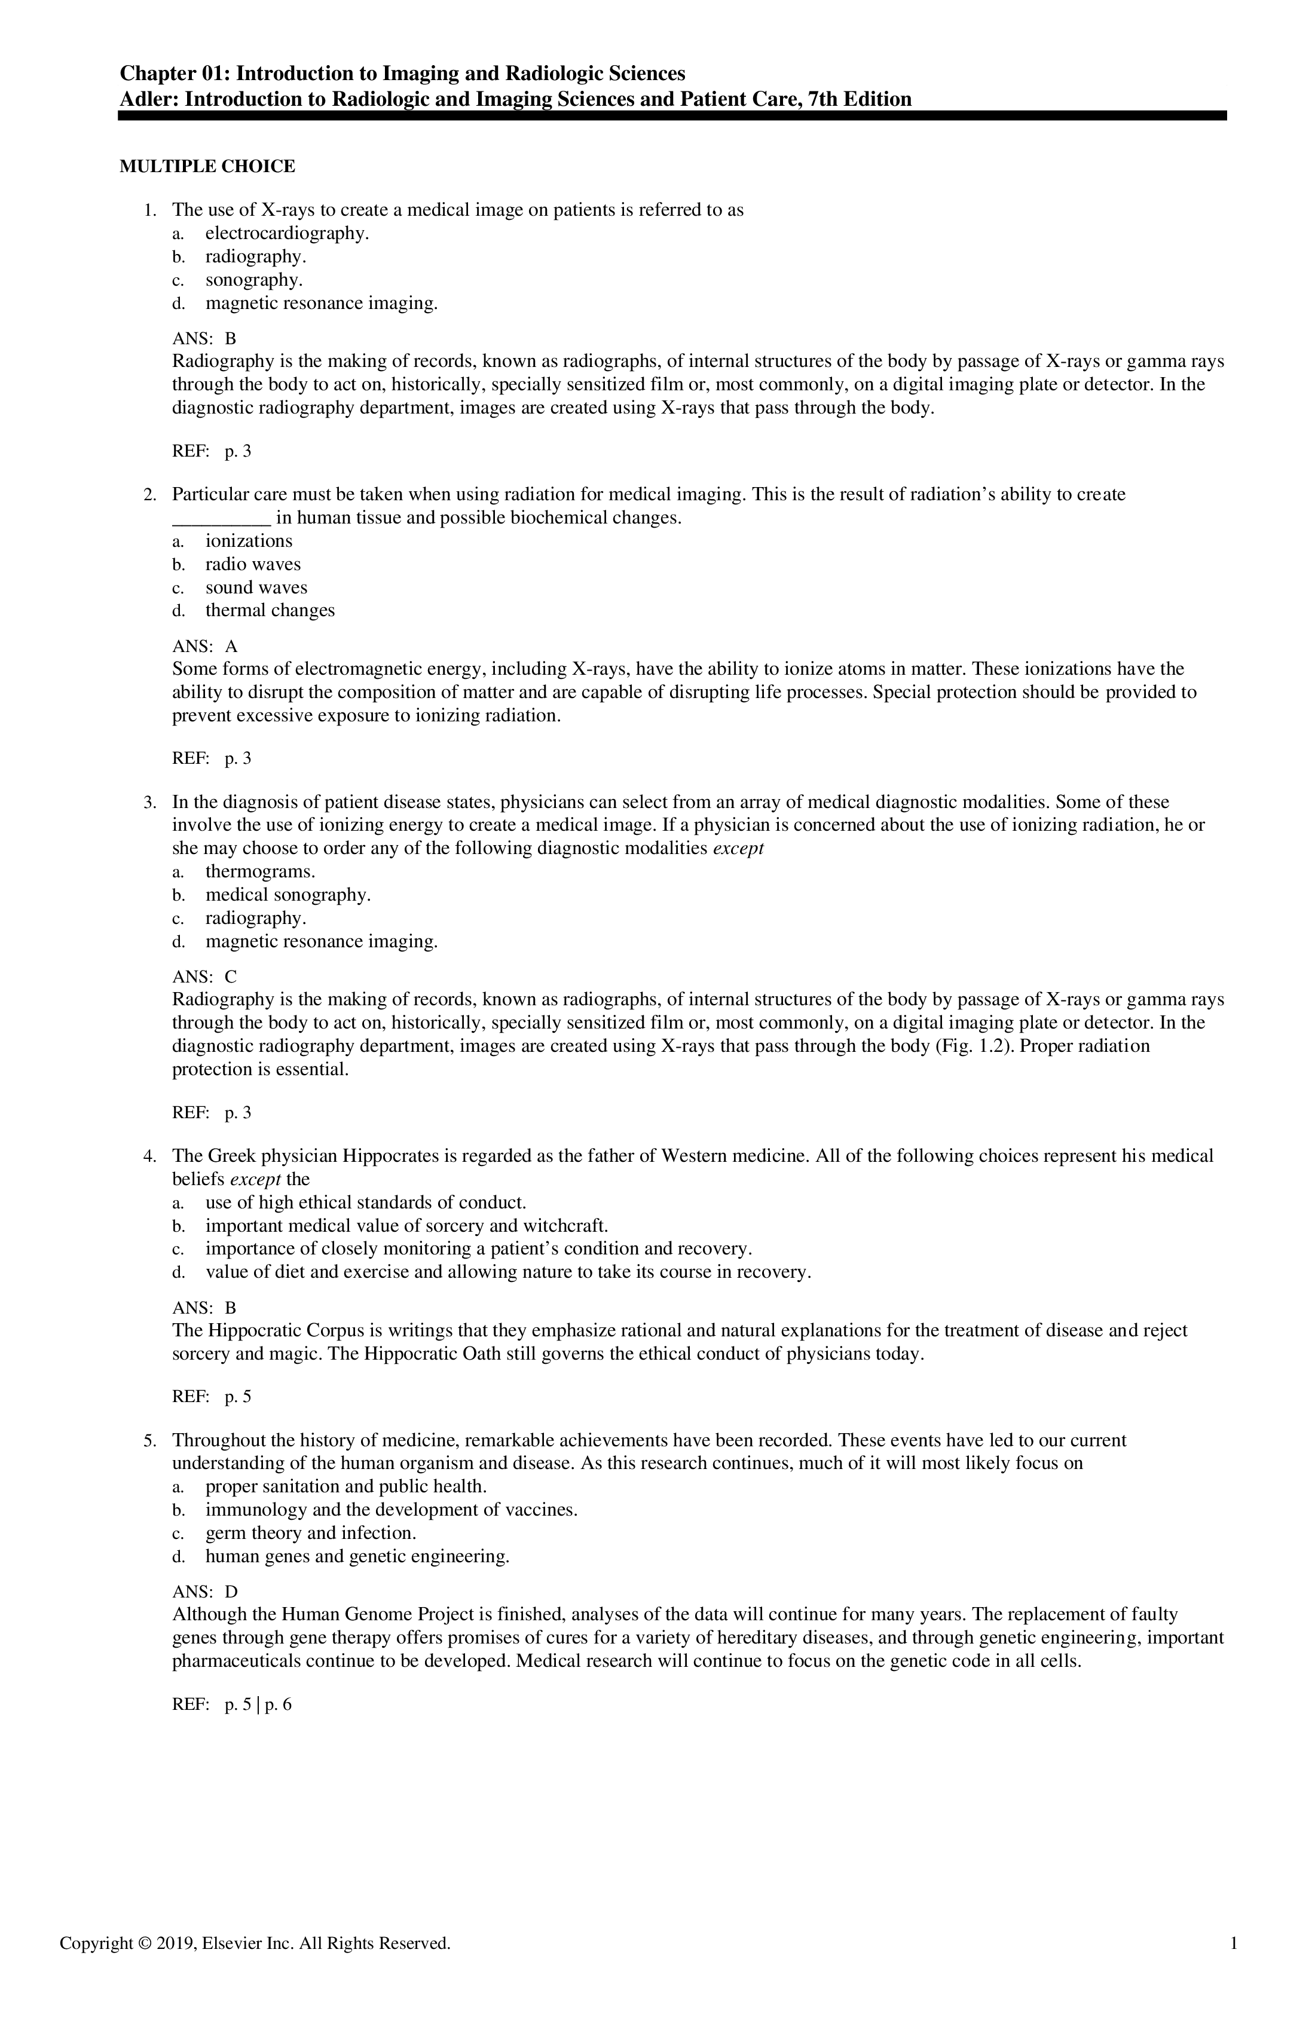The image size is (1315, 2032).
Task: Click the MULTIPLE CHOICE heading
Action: [207, 167]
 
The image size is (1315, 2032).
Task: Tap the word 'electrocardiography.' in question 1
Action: [288, 233]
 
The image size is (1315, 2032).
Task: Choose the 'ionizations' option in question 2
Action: [249, 541]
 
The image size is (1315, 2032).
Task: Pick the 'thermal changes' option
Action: [270, 610]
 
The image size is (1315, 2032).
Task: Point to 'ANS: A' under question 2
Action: [205, 647]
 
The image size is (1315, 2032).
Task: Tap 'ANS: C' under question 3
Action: [205, 977]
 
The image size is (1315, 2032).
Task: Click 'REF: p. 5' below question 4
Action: [212, 1398]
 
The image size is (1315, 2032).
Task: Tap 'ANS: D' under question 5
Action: [205, 1592]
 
